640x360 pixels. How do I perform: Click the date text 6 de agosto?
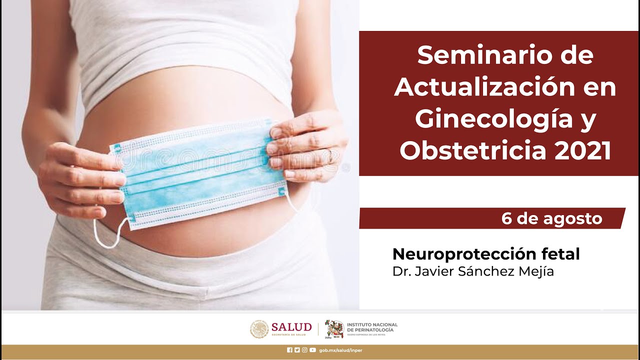click(x=551, y=218)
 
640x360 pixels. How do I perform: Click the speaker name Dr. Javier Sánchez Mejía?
click(x=473, y=271)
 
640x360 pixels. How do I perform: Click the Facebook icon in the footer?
click(x=289, y=350)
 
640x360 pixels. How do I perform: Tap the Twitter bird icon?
click(x=297, y=350)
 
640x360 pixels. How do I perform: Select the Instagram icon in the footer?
click(x=304, y=350)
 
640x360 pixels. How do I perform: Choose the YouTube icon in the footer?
click(x=312, y=350)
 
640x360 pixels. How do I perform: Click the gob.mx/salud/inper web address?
click(x=340, y=350)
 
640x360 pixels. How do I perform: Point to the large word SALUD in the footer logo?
click(x=291, y=327)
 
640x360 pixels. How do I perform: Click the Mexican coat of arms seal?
click(x=259, y=329)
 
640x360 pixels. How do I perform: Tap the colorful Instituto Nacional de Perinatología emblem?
click(x=334, y=328)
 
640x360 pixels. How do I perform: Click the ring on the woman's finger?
click(x=330, y=156)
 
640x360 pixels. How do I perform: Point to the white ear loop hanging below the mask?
click(x=107, y=235)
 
